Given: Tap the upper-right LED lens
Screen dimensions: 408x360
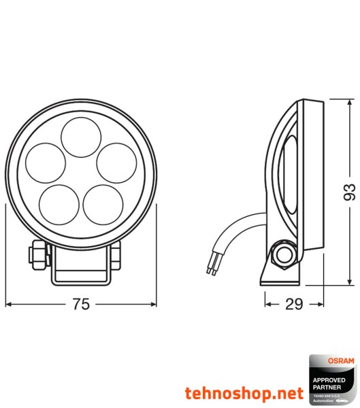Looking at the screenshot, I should pos(114,162).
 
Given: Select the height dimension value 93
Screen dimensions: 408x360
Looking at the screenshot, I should pos(350,192).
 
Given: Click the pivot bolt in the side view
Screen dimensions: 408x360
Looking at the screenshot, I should pos(282,255).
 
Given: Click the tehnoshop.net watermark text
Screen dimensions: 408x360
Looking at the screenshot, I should pos(244,393).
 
